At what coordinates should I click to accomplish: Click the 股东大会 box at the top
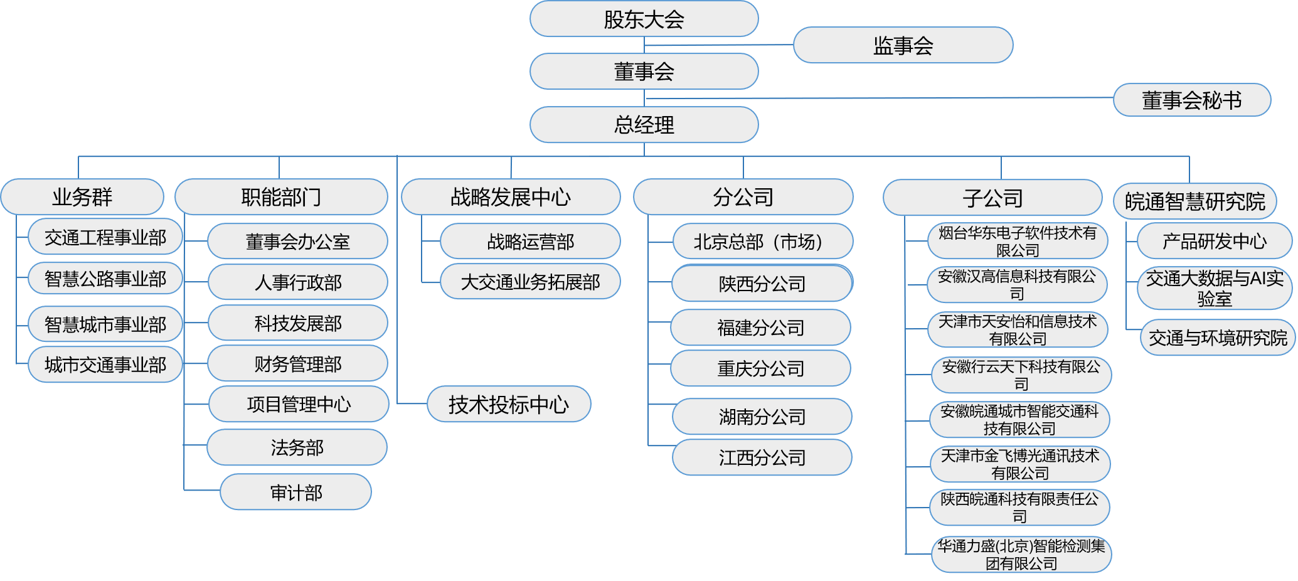pos(644,19)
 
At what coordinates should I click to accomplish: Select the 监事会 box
pos(903,45)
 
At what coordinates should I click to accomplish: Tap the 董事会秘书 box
pos(1191,100)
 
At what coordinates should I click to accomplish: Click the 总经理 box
pos(644,124)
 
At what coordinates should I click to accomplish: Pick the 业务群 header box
pos(82,197)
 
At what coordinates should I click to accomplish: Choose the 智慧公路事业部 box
pos(105,279)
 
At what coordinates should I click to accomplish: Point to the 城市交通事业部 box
pos(105,365)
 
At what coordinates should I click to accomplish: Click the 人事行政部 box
pos(297,282)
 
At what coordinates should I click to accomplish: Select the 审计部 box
pos(295,493)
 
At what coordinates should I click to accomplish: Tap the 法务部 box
pos(297,447)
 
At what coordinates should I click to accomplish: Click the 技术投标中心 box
pos(509,405)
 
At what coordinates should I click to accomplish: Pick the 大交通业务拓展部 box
pos(530,282)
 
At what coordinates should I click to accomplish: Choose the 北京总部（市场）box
pos(762,242)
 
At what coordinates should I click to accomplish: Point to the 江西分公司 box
pos(762,457)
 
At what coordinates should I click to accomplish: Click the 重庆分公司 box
pos(760,368)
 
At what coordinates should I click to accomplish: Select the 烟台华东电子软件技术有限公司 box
pos(1017,242)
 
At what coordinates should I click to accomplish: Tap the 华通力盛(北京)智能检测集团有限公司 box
pos(1021,555)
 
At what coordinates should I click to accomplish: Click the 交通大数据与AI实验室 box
pos(1215,288)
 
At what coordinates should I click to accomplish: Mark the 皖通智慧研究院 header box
pos(1195,201)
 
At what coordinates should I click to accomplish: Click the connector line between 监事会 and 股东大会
pos(718,45)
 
